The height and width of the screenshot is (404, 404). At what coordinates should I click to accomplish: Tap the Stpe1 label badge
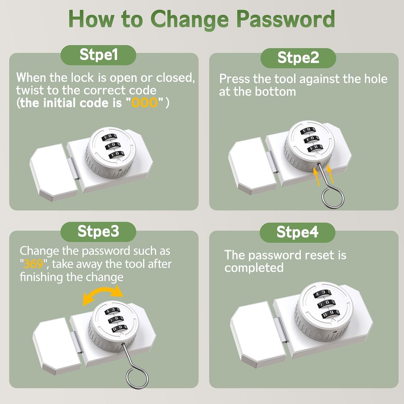click(x=98, y=55)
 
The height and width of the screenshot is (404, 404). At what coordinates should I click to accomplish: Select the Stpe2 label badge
click(x=298, y=58)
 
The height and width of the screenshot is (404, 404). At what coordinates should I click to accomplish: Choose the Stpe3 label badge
click(x=98, y=232)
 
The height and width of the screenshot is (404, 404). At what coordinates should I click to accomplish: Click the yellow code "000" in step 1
click(x=144, y=103)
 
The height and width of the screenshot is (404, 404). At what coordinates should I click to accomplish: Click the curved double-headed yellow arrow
click(x=103, y=294)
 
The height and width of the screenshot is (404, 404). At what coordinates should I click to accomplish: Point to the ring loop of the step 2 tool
click(x=333, y=198)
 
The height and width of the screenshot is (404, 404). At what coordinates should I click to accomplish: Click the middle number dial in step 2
click(x=310, y=139)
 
